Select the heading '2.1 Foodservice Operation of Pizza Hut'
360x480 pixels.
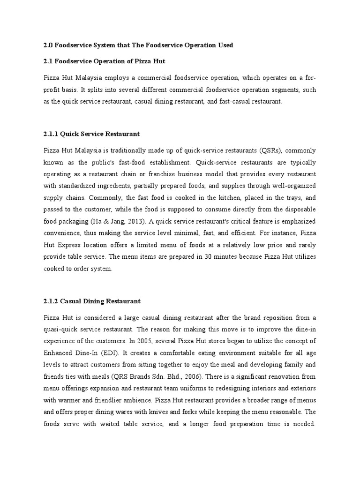point(104,61)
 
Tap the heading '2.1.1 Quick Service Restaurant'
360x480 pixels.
point(91,134)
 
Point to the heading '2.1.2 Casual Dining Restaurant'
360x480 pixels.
point(92,300)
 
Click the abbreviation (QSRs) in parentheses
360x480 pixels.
point(271,150)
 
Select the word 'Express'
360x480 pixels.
point(73,245)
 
